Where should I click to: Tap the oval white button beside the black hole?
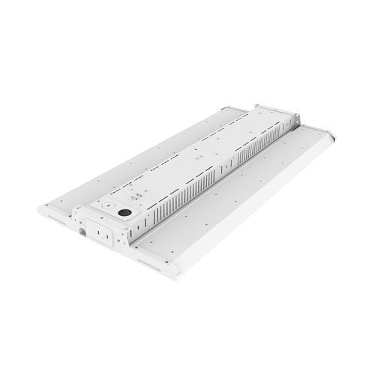(x=106, y=204)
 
